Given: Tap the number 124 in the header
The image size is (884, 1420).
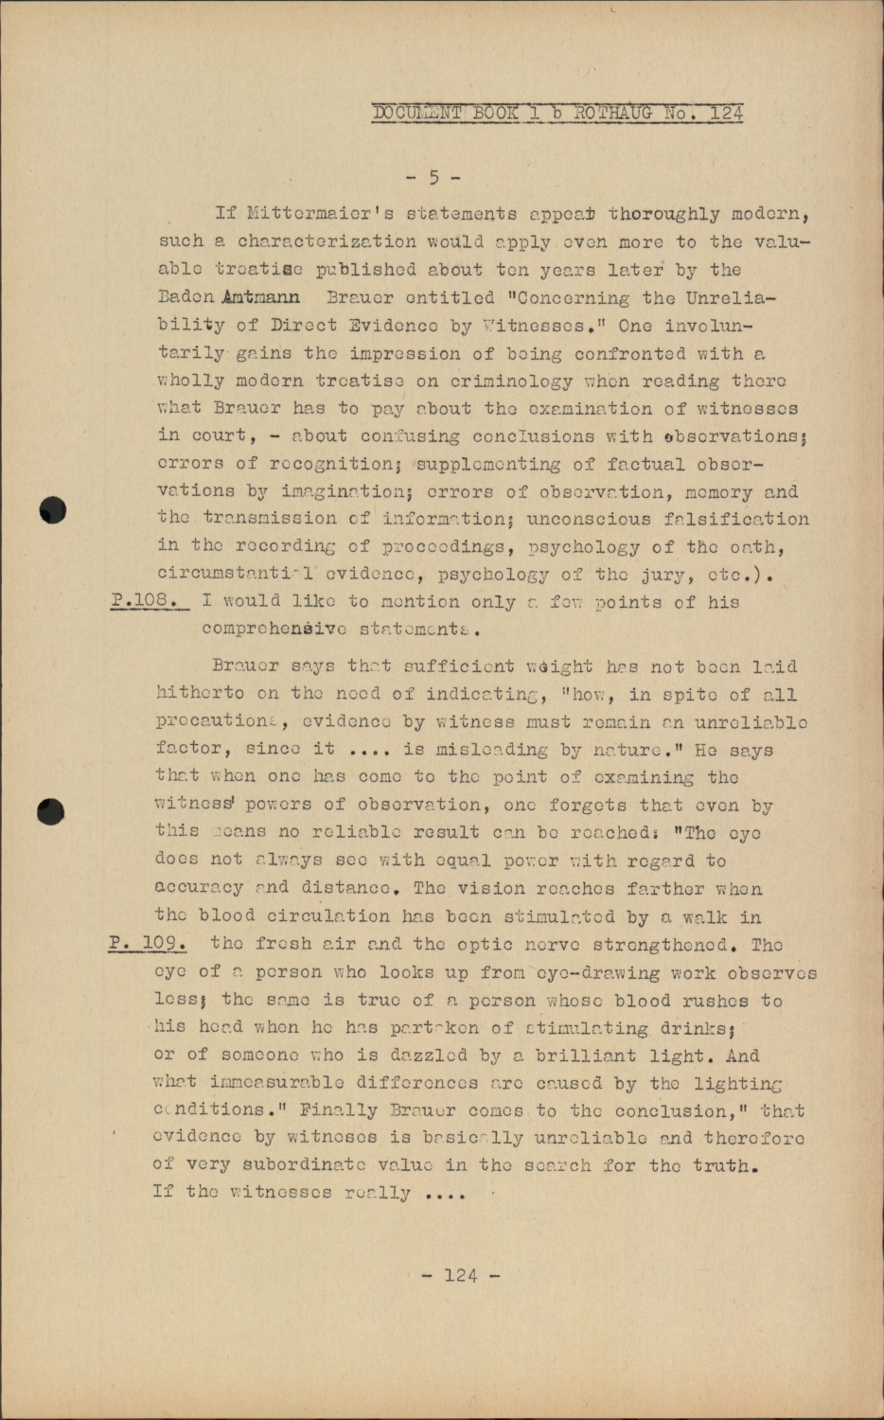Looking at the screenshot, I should coord(726,113).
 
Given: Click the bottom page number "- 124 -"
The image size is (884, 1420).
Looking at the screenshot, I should coord(461,1275).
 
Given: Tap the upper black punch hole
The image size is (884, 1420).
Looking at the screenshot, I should coord(54,509).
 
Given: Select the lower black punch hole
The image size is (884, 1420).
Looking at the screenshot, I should coord(52,811).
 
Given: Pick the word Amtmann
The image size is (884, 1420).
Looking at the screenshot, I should coord(261,297).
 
